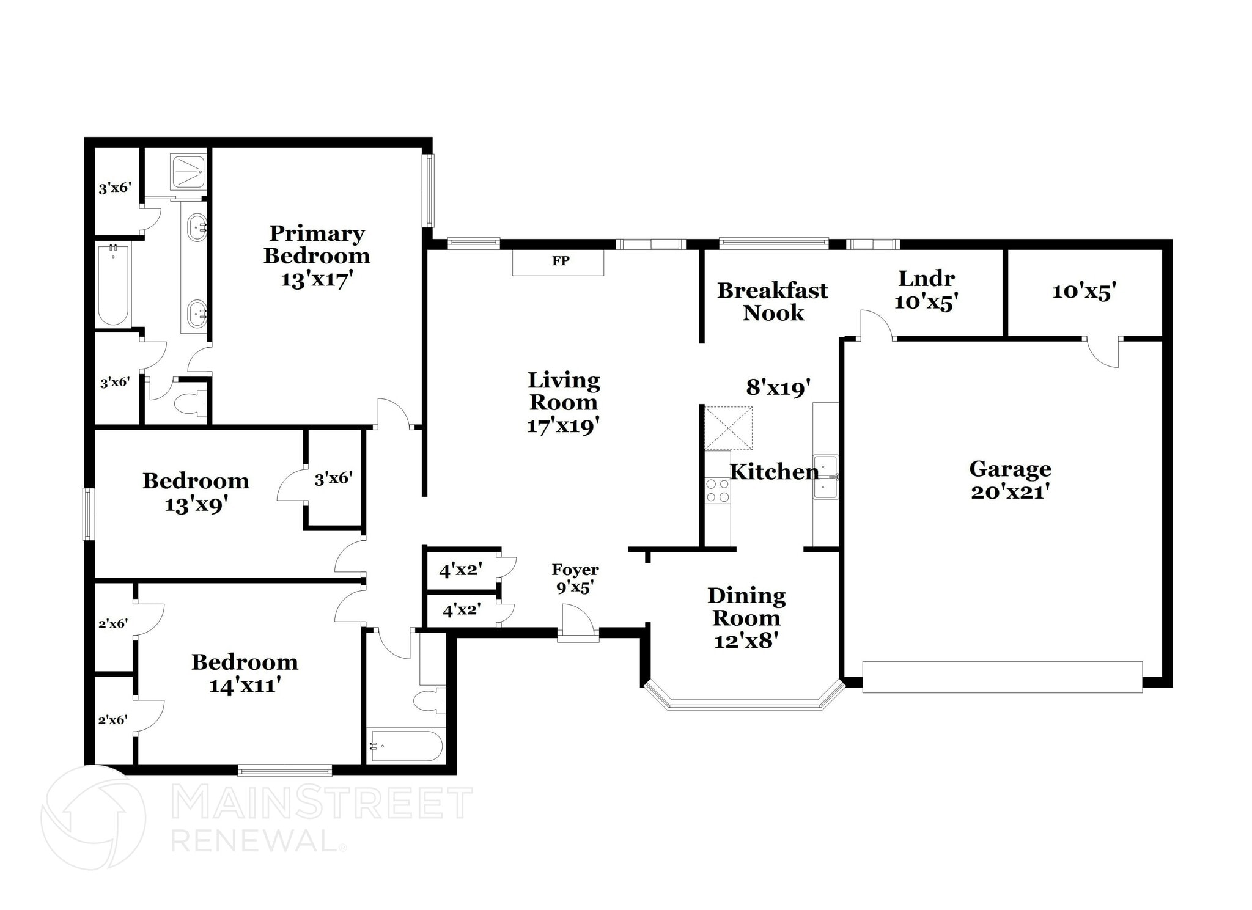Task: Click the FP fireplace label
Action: [x=561, y=262]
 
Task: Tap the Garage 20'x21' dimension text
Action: [x=1010, y=492]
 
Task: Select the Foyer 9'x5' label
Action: [x=575, y=578]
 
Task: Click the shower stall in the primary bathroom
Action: [x=188, y=172]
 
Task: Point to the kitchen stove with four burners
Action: [x=718, y=491]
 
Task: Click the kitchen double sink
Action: [x=825, y=477]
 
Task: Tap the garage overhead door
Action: [x=1002, y=677]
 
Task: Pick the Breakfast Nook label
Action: [x=772, y=301]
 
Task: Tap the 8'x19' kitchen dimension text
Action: [x=778, y=387]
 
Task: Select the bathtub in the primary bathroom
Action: [x=114, y=285]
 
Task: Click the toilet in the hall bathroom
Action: [x=430, y=700]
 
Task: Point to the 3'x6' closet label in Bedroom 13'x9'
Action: [x=333, y=479]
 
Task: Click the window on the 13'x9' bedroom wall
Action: [x=89, y=514]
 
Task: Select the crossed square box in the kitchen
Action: [x=728, y=428]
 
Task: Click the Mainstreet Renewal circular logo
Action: [x=93, y=817]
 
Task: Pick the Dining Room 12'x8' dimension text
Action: [x=746, y=641]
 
